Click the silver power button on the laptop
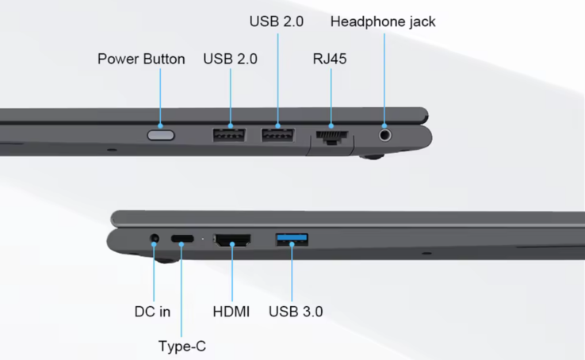(x=161, y=135)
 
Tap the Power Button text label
(x=141, y=59)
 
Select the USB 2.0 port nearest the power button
(x=229, y=134)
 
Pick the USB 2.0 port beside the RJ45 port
(x=278, y=134)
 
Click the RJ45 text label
(x=329, y=59)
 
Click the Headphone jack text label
(x=383, y=21)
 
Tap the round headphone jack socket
(x=385, y=134)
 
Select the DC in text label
(x=152, y=312)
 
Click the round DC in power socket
(x=155, y=237)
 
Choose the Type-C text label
(x=182, y=346)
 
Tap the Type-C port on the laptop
(x=182, y=238)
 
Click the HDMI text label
(x=231, y=312)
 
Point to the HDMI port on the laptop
(x=232, y=238)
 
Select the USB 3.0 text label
(x=296, y=312)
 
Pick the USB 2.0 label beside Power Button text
(x=230, y=59)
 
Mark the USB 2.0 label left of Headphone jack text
(x=277, y=21)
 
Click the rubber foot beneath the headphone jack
(x=371, y=156)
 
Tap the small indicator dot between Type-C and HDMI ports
(x=203, y=238)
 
